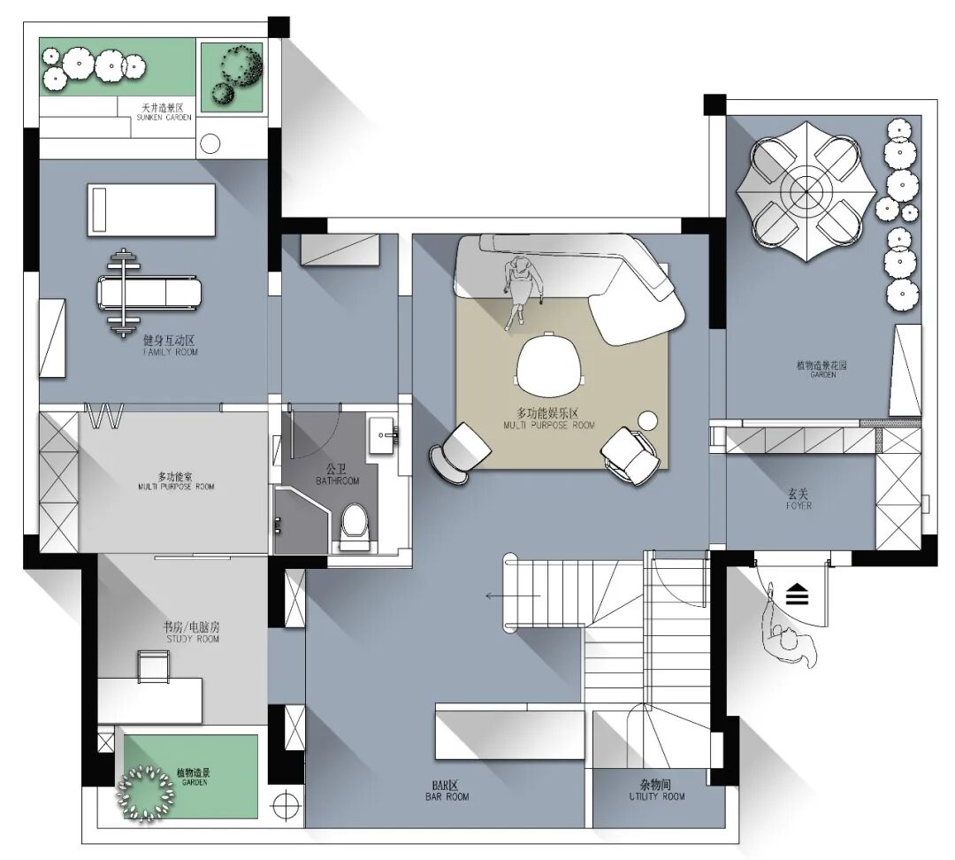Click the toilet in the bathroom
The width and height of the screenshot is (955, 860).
(x=355, y=526)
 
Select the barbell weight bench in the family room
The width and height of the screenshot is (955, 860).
(x=148, y=293)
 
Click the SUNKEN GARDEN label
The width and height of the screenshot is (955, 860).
(x=164, y=117)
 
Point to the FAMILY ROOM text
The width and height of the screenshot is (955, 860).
(x=171, y=351)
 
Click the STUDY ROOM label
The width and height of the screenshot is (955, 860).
(x=193, y=639)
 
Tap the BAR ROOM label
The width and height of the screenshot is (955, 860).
(x=447, y=796)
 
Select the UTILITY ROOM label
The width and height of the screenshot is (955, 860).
(x=656, y=796)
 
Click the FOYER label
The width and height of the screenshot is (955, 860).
(x=798, y=505)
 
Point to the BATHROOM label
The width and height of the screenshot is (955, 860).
(x=338, y=481)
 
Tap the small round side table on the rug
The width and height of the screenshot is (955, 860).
(x=648, y=420)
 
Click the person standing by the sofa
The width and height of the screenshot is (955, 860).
(x=522, y=291)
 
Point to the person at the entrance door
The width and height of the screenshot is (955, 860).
(x=790, y=633)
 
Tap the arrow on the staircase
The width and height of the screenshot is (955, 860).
(x=513, y=595)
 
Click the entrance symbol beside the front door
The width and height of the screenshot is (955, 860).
(x=797, y=594)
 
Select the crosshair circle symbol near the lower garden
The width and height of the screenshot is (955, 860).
(x=285, y=805)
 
